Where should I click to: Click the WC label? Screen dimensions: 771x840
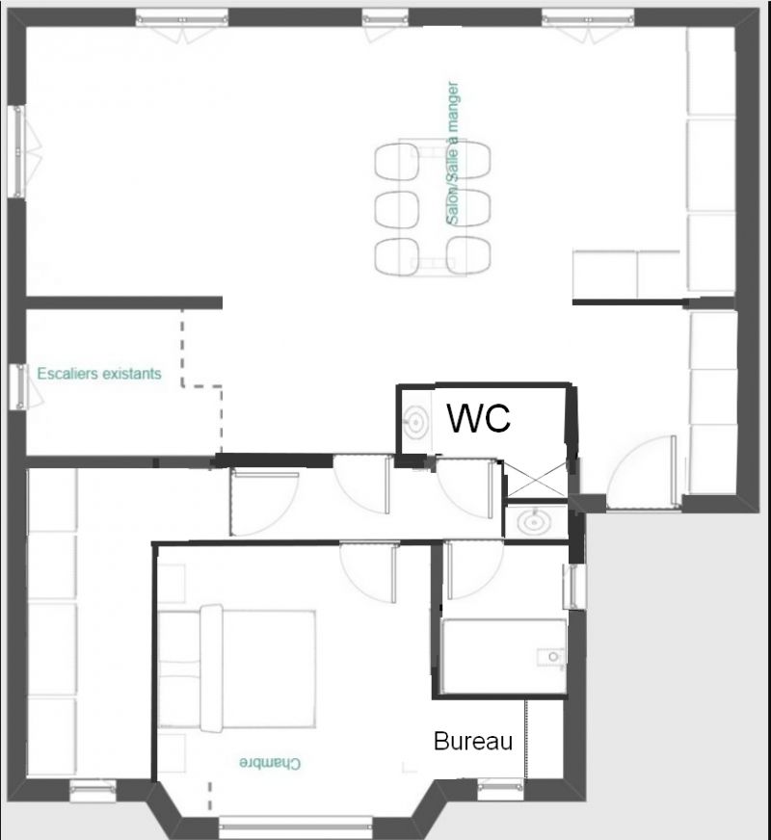point(478,418)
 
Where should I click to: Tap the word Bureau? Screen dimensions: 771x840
point(473,742)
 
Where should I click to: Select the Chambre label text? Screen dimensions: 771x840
point(270,763)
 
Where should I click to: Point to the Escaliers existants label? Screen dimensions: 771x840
point(99,374)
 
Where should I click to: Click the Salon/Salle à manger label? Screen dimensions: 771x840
point(453,153)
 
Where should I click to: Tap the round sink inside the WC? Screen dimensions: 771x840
point(415,421)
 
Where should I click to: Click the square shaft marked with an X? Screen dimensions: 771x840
point(536,480)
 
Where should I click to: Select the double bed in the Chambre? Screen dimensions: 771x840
point(237,669)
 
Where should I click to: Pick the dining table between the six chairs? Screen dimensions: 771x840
point(433,207)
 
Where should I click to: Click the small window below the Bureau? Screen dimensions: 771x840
point(500,786)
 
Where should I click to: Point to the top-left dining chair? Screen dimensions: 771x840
point(397,162)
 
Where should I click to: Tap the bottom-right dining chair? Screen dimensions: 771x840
point(468,255)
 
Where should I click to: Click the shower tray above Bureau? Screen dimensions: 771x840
point(504,656)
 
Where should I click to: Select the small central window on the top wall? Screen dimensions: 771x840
point(385,21)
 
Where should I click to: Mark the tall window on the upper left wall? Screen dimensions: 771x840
point(19,151)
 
